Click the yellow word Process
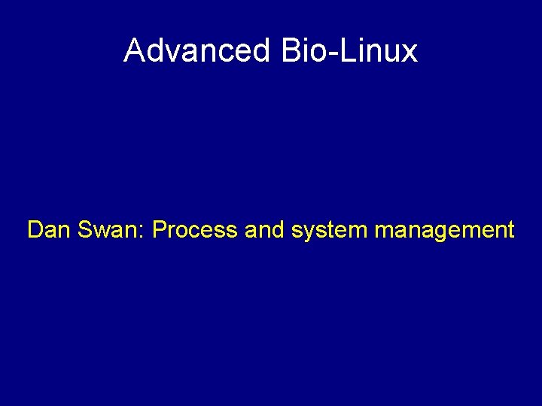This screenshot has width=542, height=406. click(194, 229)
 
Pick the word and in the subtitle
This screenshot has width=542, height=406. click(263, 229)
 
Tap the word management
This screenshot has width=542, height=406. click(444, 230)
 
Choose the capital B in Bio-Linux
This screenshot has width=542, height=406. click(290, 50)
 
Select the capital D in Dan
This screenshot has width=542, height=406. click(35, 229)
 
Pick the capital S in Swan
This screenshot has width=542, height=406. click(84, 229)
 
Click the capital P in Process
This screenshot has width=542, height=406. click(159, 229)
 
